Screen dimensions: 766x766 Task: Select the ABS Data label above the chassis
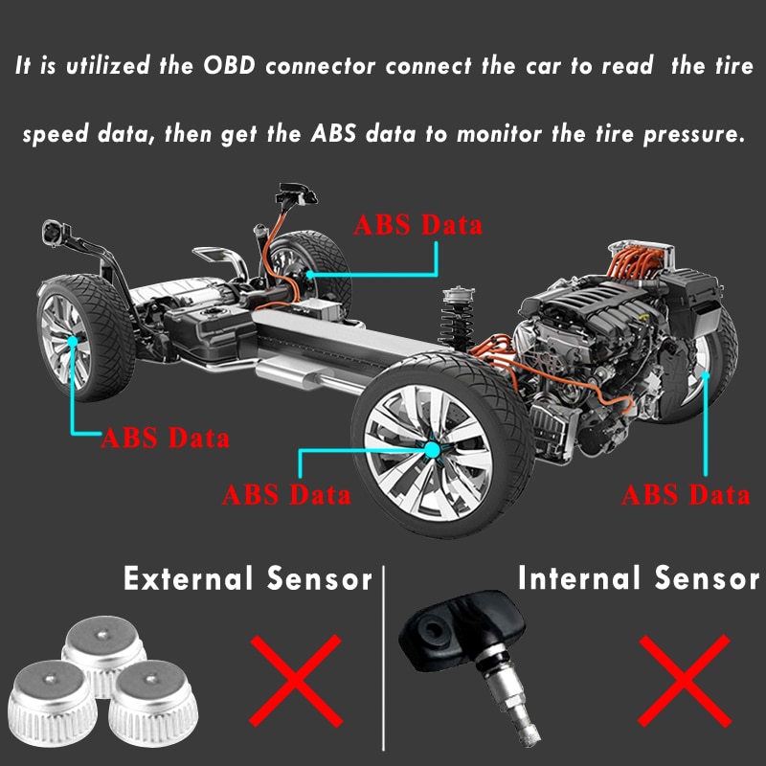coord(418,226)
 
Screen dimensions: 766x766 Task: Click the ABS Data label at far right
coord(686,495)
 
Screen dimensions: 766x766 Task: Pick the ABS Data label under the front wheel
coord(286,496)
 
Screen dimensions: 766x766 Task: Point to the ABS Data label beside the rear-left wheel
coord(166,439)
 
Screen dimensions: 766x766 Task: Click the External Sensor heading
coord(247,578)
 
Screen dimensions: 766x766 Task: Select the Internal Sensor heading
coord(638,577)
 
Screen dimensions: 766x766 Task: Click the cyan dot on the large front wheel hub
coord(432,447)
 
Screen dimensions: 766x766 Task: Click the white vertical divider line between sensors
coord(384,661)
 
